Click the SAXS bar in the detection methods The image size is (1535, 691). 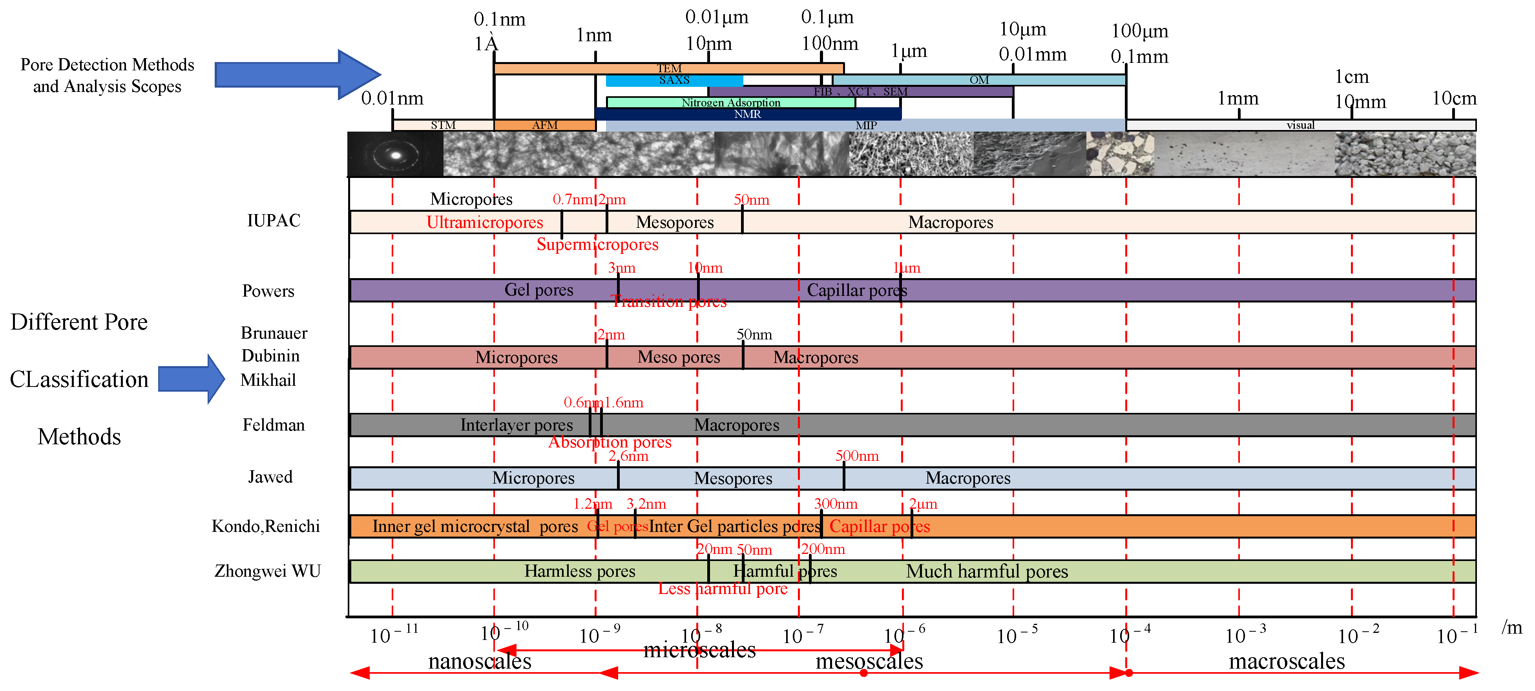point(674,80)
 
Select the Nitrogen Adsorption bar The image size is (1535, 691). point(730,103)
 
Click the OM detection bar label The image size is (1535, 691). point(978,80)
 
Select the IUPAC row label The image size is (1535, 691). point(274,221)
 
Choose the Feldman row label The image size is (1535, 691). point(274,425)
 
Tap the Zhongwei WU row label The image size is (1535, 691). point(268,571)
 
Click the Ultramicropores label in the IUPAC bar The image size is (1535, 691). point(484,222)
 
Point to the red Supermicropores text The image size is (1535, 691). point(597,244)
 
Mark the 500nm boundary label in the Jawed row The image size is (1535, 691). point(856,456)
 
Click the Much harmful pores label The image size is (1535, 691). point(987,571)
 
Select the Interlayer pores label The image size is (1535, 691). point(516,425)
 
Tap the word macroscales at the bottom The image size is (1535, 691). point(1287,661)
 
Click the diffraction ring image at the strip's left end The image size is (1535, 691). point(395,154)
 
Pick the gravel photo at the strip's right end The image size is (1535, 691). point(1405,154)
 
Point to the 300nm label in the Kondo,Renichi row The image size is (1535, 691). point(836,504)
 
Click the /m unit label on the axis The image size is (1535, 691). point(1512,627)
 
